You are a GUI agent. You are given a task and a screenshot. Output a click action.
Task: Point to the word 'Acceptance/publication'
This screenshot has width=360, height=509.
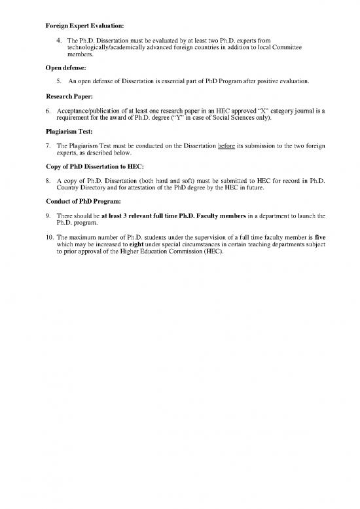[91, 109]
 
